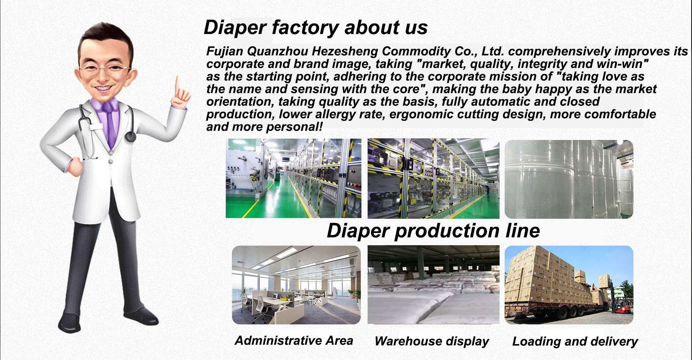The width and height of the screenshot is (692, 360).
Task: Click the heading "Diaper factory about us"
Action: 316,28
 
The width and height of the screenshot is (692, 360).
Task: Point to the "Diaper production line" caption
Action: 433,231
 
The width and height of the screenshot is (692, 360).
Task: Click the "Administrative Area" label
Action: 294,341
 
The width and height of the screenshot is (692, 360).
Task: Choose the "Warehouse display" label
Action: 432,342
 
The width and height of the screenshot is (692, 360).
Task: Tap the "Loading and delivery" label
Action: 575,342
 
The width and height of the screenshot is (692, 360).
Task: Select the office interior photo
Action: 296,285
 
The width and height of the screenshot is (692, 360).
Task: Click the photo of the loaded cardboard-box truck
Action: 569,285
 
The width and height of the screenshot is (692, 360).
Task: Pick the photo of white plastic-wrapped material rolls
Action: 569,179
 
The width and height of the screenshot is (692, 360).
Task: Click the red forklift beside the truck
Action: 621,306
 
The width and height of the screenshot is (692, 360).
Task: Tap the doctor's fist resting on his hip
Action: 75,167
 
